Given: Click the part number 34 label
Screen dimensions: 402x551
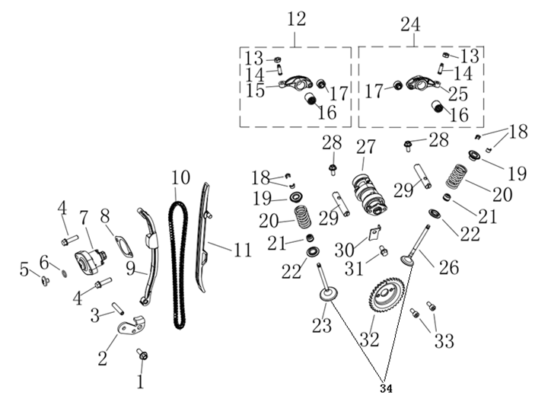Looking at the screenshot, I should pos(384,388).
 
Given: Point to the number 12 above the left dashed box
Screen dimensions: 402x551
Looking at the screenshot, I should pos(296,18).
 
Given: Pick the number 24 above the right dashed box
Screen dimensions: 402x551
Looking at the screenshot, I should pos(409,24).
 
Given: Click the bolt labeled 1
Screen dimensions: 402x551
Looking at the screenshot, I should pos(142,355).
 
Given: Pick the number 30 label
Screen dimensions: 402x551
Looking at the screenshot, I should pos(344,249).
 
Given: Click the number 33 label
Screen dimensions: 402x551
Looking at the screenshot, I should pos(444,338).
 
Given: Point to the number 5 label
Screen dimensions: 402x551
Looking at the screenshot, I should pos(24,269).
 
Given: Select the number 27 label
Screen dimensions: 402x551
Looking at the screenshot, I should pos(366,145).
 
